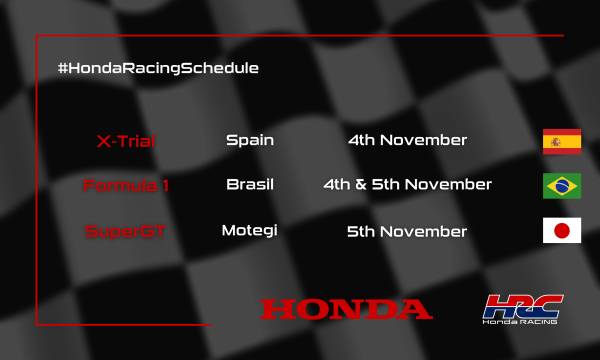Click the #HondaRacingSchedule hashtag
point(158,68)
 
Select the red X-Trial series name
point(125,140)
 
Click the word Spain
point(250,140)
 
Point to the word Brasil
point(250,185)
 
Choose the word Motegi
point(249,231)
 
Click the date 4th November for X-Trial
point(407,140)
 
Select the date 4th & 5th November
point(407,185)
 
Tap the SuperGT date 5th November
point(407,231)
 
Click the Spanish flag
point(561,141)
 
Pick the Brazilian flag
point(561,186)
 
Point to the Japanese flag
point(561,231)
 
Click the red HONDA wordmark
point(346,308)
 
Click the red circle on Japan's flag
point(561,231)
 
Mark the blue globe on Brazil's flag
point(561,186)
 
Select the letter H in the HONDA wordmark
point(275,308)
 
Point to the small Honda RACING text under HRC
point(521,322)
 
